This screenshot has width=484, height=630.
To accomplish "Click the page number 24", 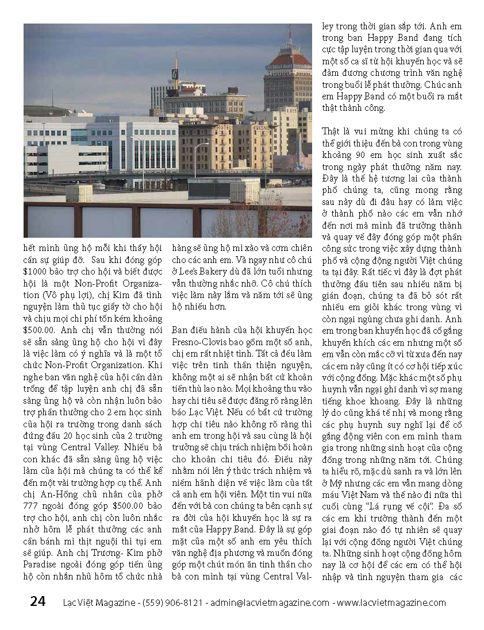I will point(37,601).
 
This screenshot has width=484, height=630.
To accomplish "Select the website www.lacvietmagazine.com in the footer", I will point(391,602).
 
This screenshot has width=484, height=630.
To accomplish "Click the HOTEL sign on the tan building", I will point(224,127).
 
